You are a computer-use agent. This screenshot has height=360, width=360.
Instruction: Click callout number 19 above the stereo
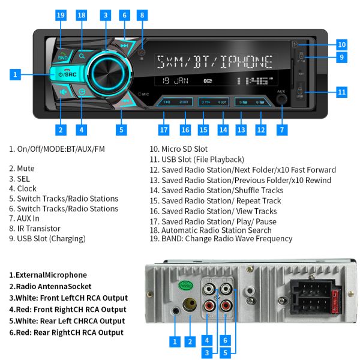click(61, 15)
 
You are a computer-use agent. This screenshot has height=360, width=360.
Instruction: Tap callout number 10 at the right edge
click(341, 44)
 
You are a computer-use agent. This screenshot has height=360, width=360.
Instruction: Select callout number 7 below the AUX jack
click(281, 129)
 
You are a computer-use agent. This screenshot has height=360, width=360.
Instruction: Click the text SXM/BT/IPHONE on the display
click(214, 62)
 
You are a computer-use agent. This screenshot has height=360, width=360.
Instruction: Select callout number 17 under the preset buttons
click(163, 129)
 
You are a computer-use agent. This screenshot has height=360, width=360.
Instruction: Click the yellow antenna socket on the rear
click(190, 305)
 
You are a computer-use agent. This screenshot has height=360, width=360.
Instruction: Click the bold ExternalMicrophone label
click(47, 275)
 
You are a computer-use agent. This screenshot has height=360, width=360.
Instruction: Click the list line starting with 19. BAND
click(221, 238)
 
